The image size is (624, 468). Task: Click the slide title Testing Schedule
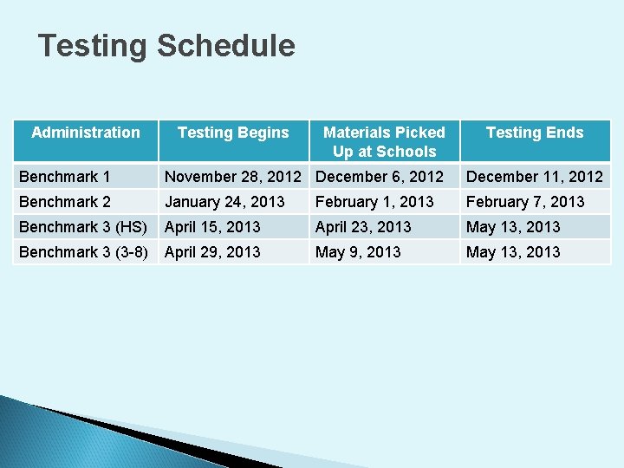click(x=166, y=46)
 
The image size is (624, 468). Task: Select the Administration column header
click(x=85, y=133)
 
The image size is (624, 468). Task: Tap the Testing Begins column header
click(x=233, y=133)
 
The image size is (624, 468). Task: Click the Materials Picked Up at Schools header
click(x=384, y=142)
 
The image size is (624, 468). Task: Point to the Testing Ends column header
click(x=535, y=133)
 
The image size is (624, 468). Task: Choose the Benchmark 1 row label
click(x=65, y=177)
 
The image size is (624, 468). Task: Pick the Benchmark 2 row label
click(x=65, y=202)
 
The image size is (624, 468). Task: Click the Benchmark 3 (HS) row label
click(x=83, y=227)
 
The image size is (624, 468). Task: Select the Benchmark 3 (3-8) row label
click(x=83, y=252)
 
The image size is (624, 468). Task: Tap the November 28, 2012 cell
click(x=233, y=177)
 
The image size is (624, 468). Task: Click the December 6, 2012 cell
click(x=380, y=177)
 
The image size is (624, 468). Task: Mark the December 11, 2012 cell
click(x=535, y=177)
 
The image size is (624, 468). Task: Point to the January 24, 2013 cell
click(x=224, y=202)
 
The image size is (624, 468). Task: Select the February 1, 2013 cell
click(x=374, y=202)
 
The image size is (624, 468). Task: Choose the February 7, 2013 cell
click(x=525, y=202)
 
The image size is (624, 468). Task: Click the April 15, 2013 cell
click(x=212, y=227)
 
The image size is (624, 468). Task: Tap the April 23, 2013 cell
click(x=363, y=227)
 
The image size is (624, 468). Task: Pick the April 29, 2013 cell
click(x=212, y=252)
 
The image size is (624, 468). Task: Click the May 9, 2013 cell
click(x=358, y=252)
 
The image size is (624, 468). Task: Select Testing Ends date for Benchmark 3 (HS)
click(x=513, y=227)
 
